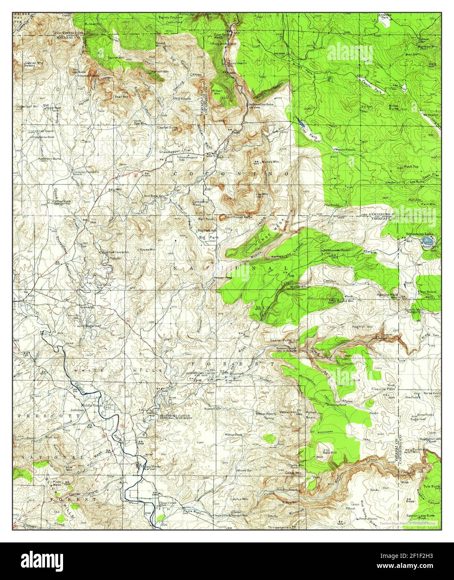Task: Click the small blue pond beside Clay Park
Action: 302,124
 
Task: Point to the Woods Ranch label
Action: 344,149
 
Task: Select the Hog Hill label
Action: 358,327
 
